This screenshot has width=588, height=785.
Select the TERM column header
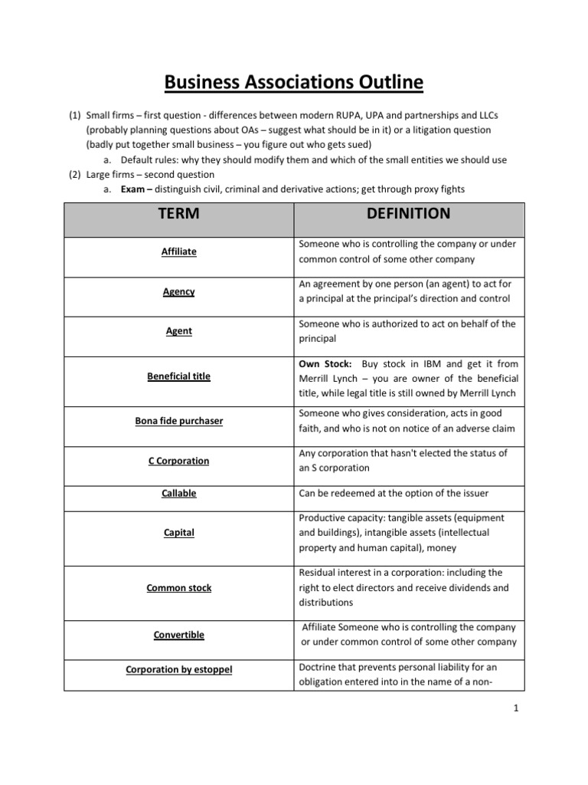[177, 214]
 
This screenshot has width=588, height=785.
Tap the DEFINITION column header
[408, 214]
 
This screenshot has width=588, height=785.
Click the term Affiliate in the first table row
[178, 251]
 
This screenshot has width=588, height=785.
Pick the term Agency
[178, 291]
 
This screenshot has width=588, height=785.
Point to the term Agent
[178, 331]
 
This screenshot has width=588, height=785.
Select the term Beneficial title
[178, 376]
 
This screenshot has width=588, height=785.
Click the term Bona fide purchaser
[178, 421]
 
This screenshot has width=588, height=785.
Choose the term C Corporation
[178, 461]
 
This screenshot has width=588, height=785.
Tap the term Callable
[178, 493]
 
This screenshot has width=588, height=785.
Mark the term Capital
[178, 533]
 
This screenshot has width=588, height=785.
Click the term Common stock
[178, 588]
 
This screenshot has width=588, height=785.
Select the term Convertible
[178, 635]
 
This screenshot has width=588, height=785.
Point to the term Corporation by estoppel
[178, 669]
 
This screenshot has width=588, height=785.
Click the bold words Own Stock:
[325, 364]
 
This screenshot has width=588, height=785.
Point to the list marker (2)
[74, 174]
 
